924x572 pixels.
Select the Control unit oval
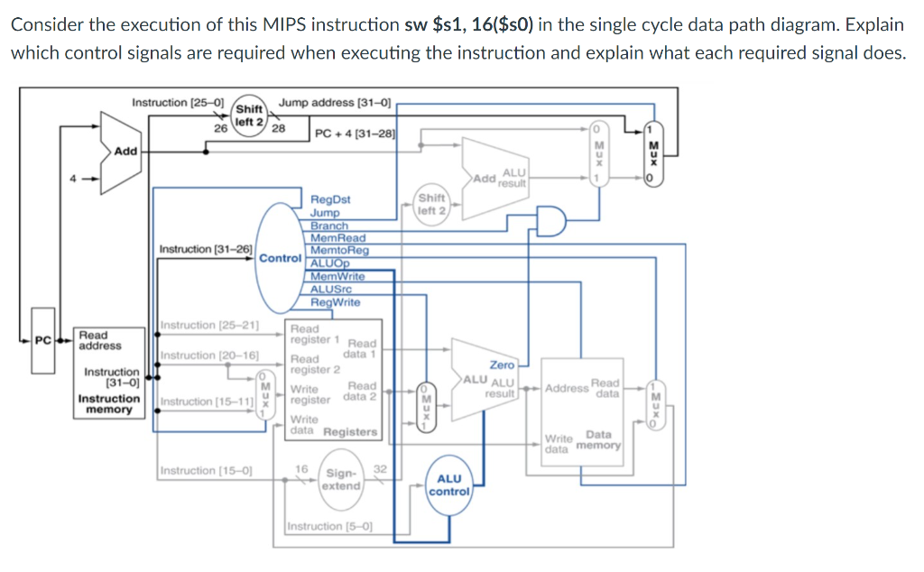(x=280, y=257)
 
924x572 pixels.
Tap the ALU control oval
(x=448, y=485)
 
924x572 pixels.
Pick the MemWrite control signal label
(x=337, y=276)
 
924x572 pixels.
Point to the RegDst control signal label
(x=330, y=199)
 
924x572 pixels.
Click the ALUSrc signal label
(x=330, y=289)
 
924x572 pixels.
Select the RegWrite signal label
(x=335, y=302)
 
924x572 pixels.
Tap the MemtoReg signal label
(x=339, y=250)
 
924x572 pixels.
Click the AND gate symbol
(x=550, y=219)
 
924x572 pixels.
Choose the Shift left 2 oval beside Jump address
(x=248, y=115)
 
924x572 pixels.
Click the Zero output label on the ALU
(x=502, y=364)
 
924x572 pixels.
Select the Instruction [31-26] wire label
(x=205, y=248)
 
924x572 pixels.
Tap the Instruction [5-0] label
(x=329, y=526)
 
